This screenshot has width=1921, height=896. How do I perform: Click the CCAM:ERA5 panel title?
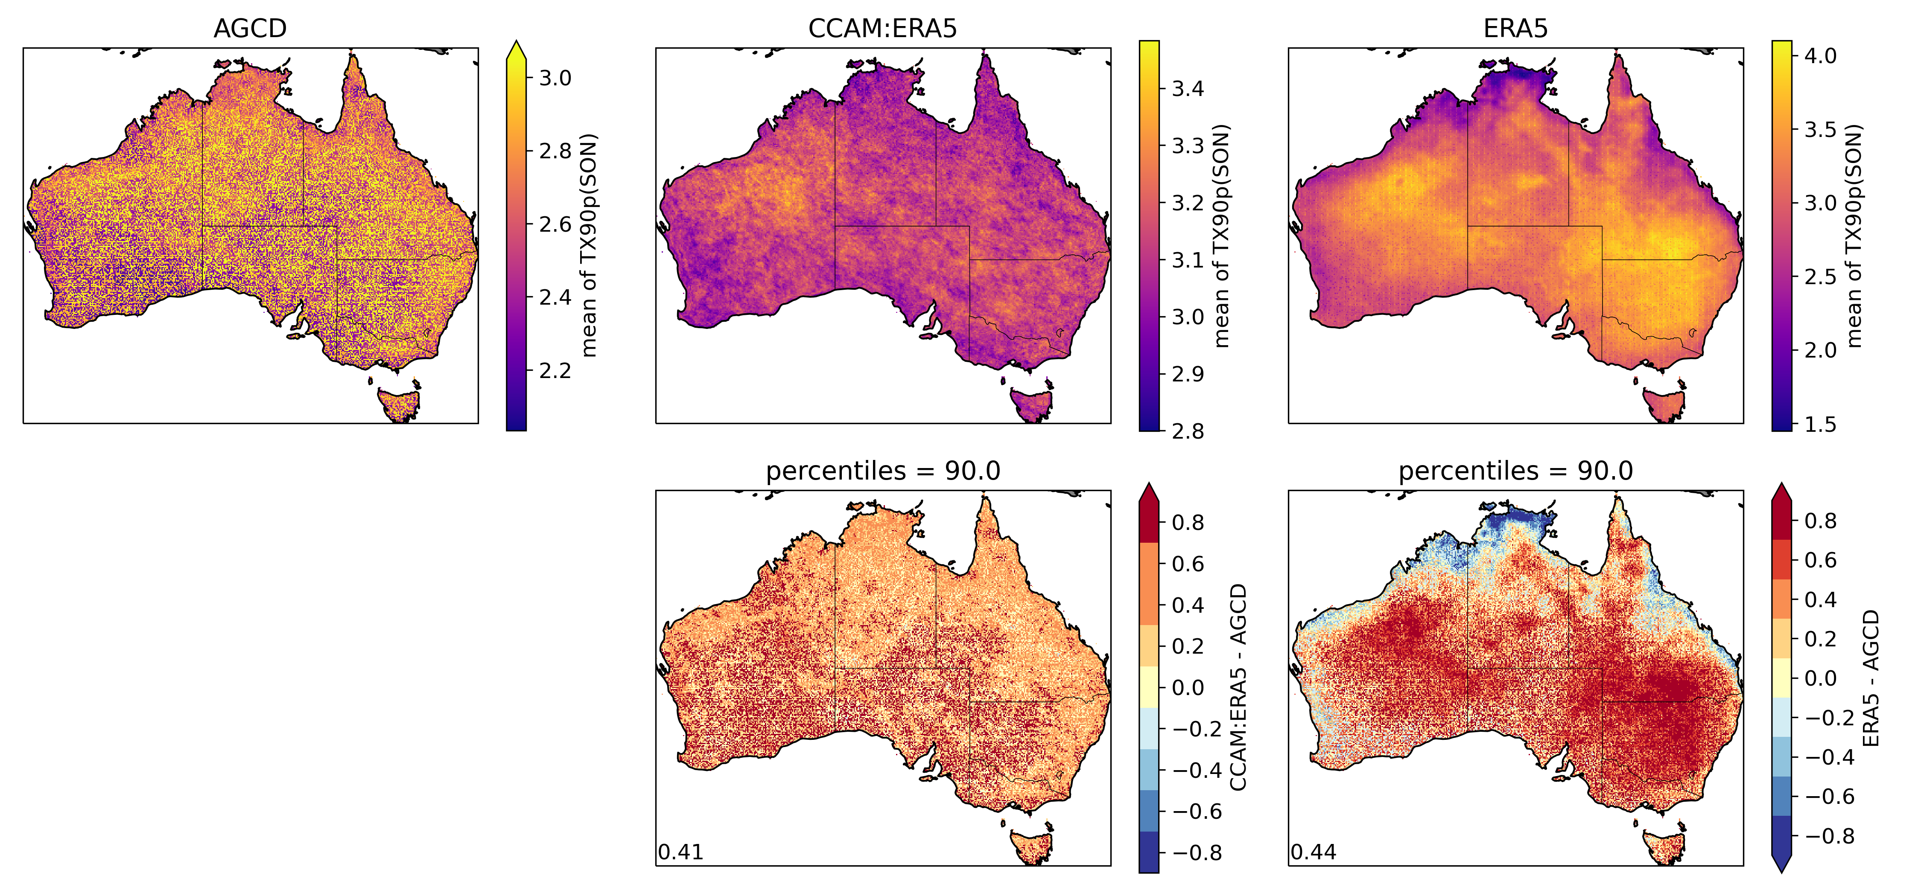pos(882,28)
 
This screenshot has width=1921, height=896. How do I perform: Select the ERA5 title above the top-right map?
pos(1515,28)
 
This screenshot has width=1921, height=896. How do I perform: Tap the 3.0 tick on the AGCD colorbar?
pos(555,78)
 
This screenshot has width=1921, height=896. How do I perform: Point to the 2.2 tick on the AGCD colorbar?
pos(555,370)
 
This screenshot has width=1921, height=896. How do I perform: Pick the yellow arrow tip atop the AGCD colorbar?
pos(516,49)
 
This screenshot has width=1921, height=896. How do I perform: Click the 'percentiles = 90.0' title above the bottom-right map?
pos(1515,471)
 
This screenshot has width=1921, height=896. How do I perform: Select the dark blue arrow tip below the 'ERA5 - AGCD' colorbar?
pos(1781,865)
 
